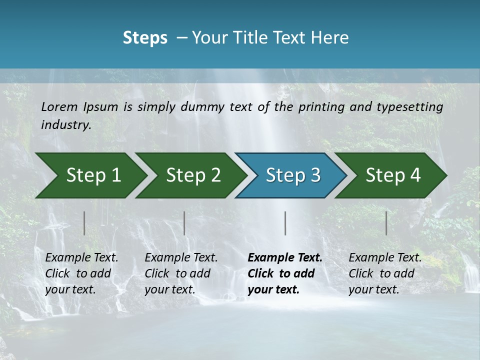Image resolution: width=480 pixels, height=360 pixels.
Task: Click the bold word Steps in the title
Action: (x=145, y=38)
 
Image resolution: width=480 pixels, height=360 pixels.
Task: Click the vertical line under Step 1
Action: (x=84, y=223)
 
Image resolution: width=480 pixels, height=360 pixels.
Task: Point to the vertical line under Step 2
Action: (x=184, y=223)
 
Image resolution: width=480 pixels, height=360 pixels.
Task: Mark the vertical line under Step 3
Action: (x=285, y=223)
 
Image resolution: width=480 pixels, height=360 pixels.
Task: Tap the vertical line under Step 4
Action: (x=386, y=223)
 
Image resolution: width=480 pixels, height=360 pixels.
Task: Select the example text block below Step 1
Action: (x=81, y=273)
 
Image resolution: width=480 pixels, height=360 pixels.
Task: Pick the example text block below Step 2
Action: (x=181, y=273)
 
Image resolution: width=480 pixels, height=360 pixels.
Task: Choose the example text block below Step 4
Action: (x=385, y=273)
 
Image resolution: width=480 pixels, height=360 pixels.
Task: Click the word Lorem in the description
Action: (x=59, y=106)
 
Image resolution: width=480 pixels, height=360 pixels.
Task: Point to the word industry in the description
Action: (x=66, y=125)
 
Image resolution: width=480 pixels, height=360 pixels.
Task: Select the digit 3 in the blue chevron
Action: (x=314, y=175)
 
